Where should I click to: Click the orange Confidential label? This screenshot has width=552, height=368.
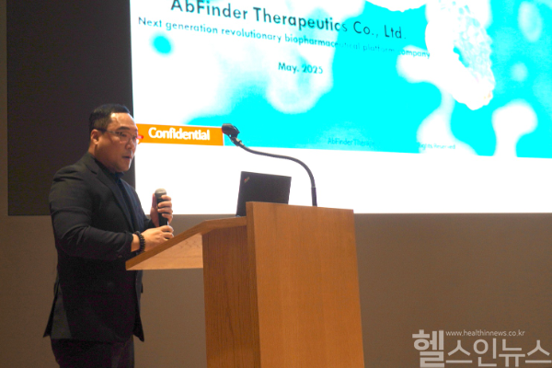[179, 133]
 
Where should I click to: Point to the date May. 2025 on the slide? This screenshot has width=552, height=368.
[300, 67]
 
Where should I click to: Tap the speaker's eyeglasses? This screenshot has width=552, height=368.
[123, 135]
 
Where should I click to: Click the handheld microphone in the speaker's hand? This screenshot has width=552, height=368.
[161, 204]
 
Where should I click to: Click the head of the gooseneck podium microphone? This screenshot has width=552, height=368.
[230, 131]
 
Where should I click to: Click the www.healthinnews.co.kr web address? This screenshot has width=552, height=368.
[485, 333]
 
